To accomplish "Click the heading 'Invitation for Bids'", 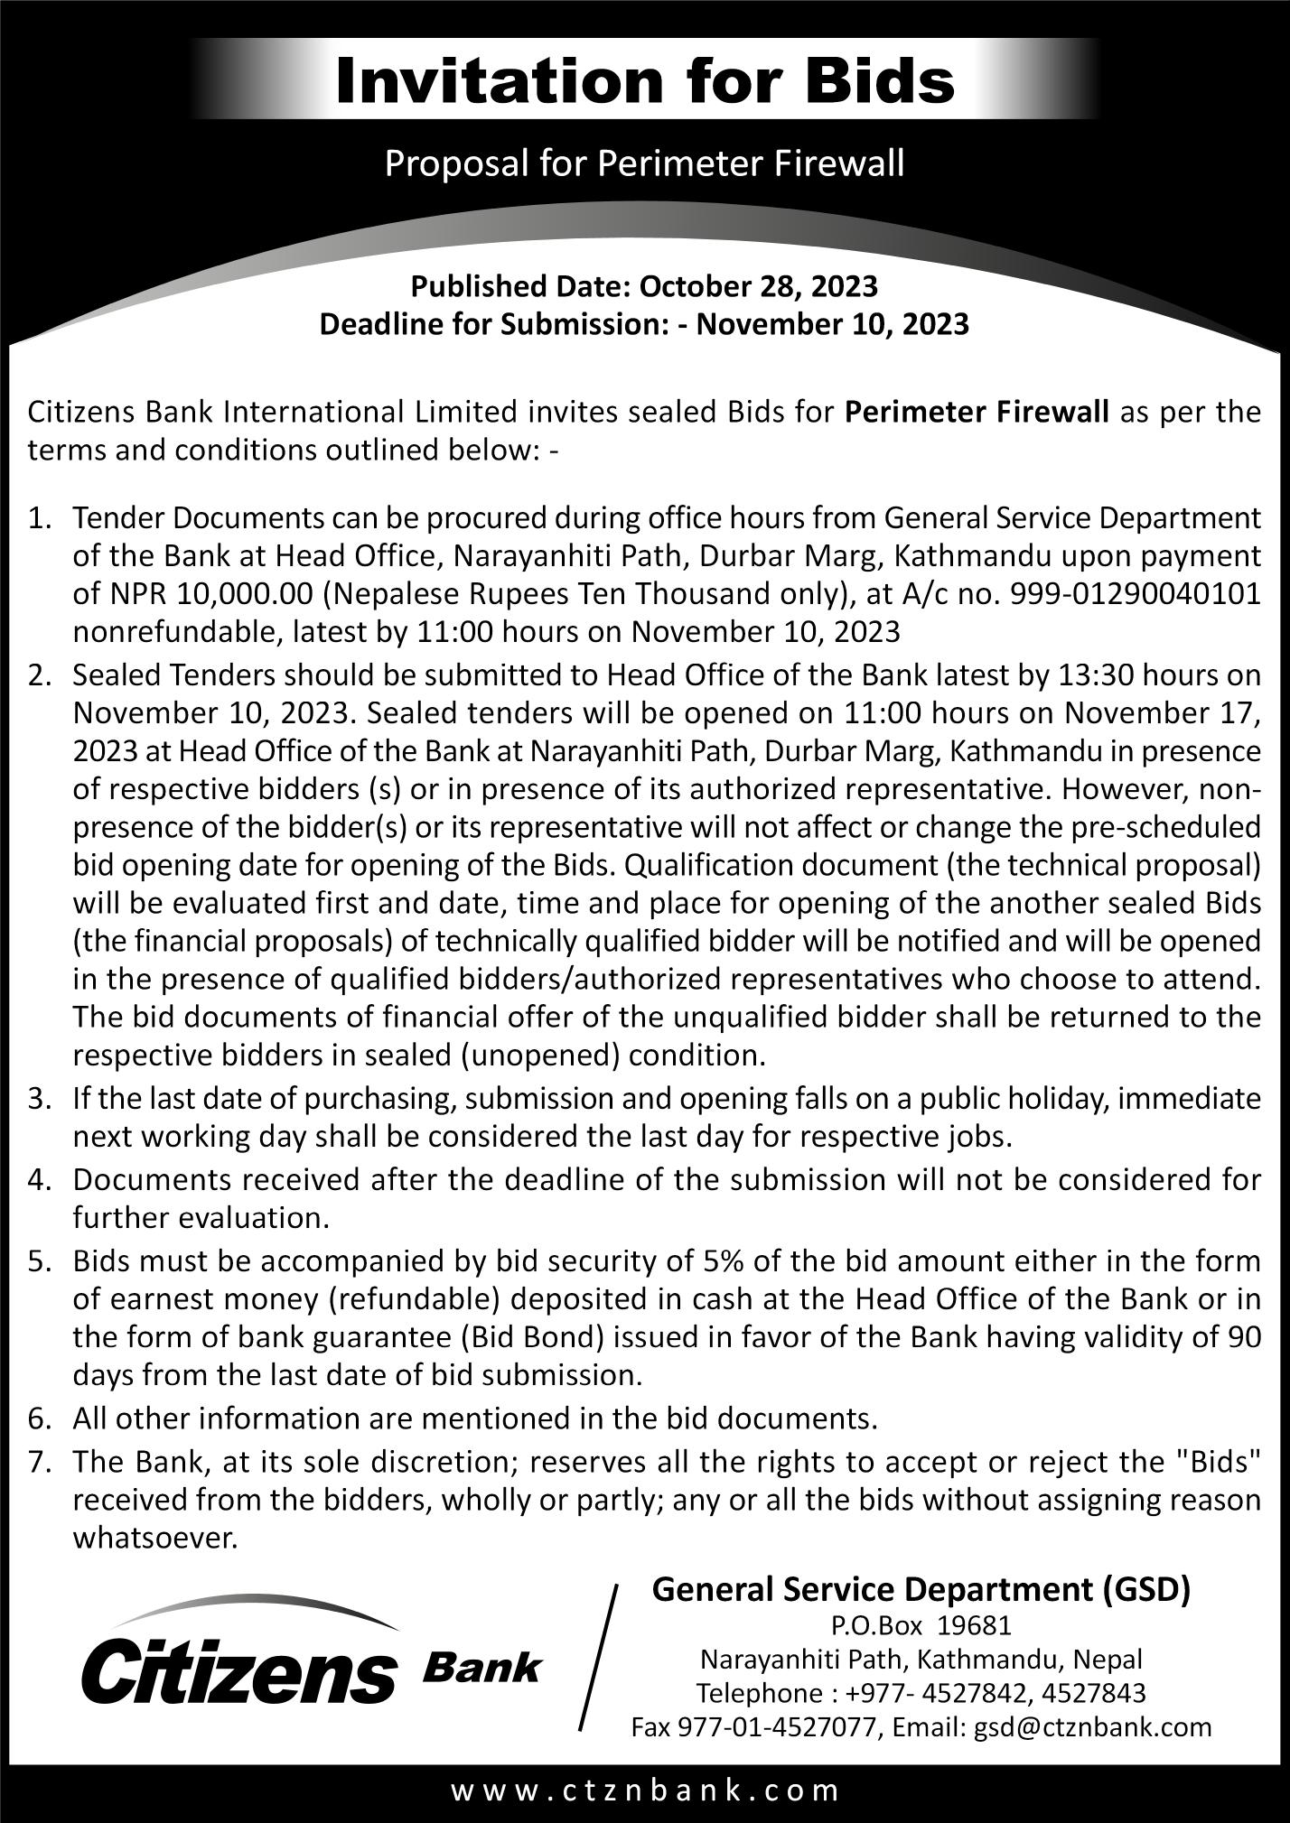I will coord(645,81).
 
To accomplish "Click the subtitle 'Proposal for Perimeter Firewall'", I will coord(645,164).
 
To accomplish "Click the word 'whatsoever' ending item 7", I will coord(154,1538).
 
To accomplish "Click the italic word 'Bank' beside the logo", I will coord(481,1667).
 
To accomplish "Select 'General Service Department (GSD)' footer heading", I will coord(921,1588).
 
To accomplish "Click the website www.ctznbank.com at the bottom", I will coord(645,1790).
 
